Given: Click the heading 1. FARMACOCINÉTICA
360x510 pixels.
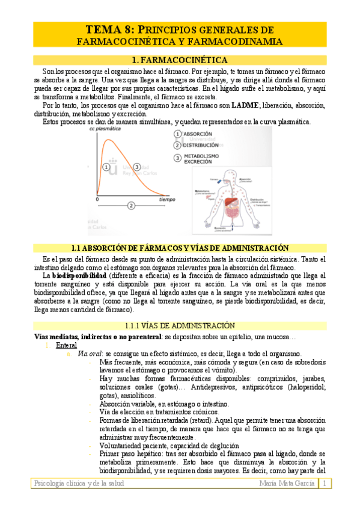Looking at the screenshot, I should (x=180, y=60).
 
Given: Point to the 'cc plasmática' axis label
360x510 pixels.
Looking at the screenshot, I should (x=103, y=129).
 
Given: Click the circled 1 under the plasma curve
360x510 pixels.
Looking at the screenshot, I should (x=106, y=167).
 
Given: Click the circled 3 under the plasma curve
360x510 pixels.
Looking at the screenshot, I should (x=137, y=167).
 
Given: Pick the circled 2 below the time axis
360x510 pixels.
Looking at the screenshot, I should (x=131, y=206).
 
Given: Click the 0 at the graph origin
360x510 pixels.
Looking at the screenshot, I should (x=96, y=198).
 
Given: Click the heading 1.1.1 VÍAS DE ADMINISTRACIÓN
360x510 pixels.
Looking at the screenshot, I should (x=180, y=325).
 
